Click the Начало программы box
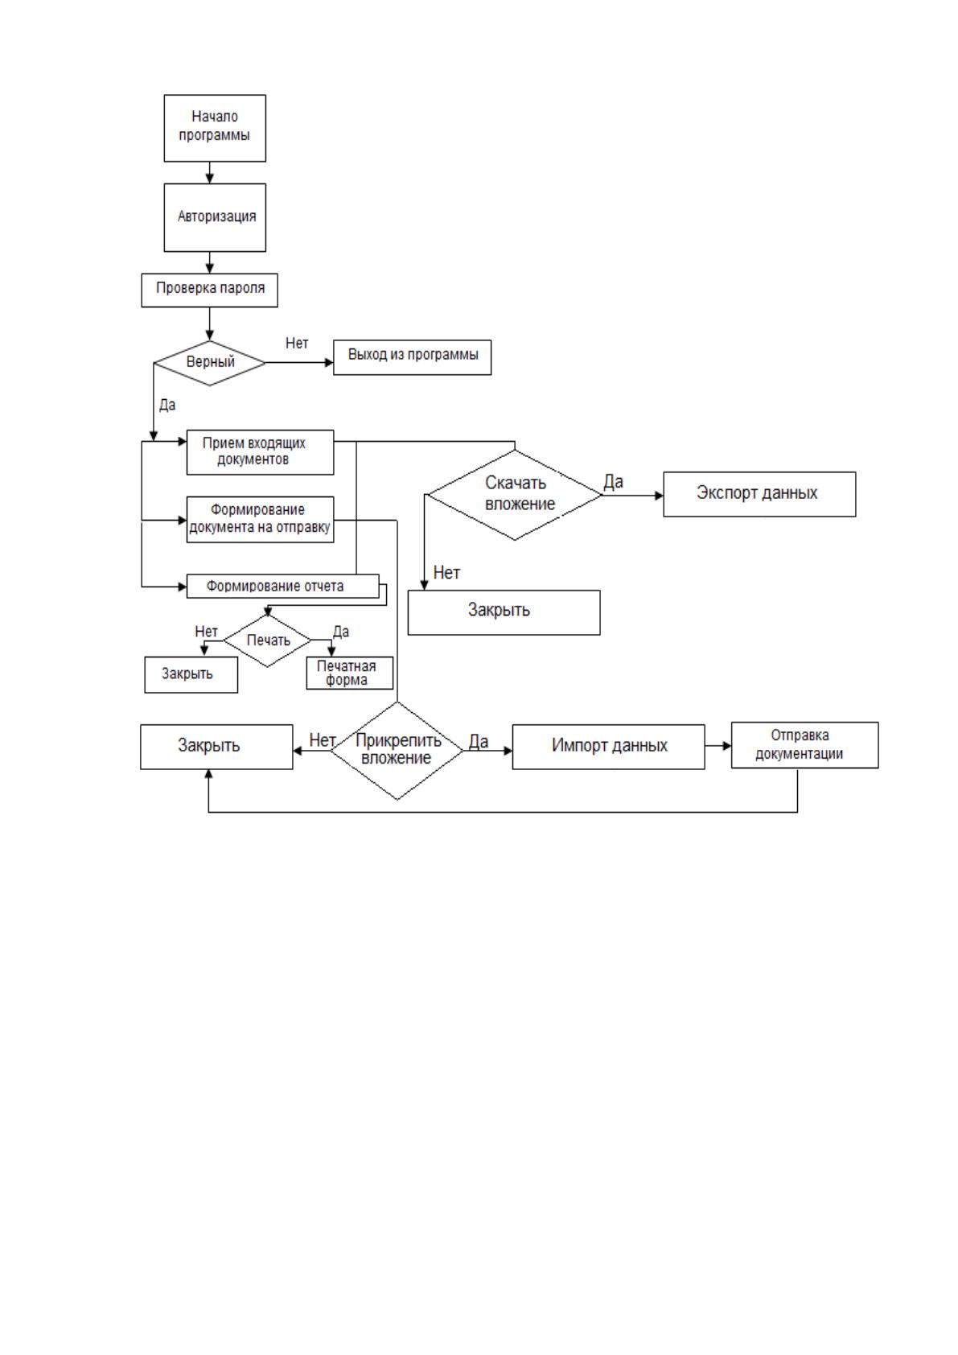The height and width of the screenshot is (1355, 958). pos(215,128)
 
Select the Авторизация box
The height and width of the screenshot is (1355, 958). pos(215,217)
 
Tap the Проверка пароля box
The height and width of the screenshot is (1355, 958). pos(209,290)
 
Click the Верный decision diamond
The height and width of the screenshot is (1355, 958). pos(209,363)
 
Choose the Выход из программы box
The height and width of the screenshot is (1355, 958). pos(412,357)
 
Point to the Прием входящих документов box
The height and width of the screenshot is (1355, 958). pos(260,452)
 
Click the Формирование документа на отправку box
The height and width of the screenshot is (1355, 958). pos(260,519)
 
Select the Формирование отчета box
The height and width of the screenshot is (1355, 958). pos(282,586)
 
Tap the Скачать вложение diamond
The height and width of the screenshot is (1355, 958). pos(515,494)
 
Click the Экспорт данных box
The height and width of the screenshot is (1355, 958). pos(759,493)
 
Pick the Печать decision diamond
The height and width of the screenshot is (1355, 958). pos(267,640)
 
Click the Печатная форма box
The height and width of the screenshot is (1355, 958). pos(350,673)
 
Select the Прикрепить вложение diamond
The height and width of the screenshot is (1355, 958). pos(397,750)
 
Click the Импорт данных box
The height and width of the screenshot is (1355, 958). pos(608,747)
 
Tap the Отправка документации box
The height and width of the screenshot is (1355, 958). pos(804,744)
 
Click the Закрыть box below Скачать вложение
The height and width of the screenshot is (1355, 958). pos(504,612)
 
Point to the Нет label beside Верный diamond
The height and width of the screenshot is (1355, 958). pos(297,343)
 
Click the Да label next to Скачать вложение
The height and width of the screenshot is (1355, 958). pos(613,481)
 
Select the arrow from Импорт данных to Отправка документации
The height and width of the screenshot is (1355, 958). pos(717,745)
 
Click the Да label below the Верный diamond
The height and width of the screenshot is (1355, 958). pos(167,405)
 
